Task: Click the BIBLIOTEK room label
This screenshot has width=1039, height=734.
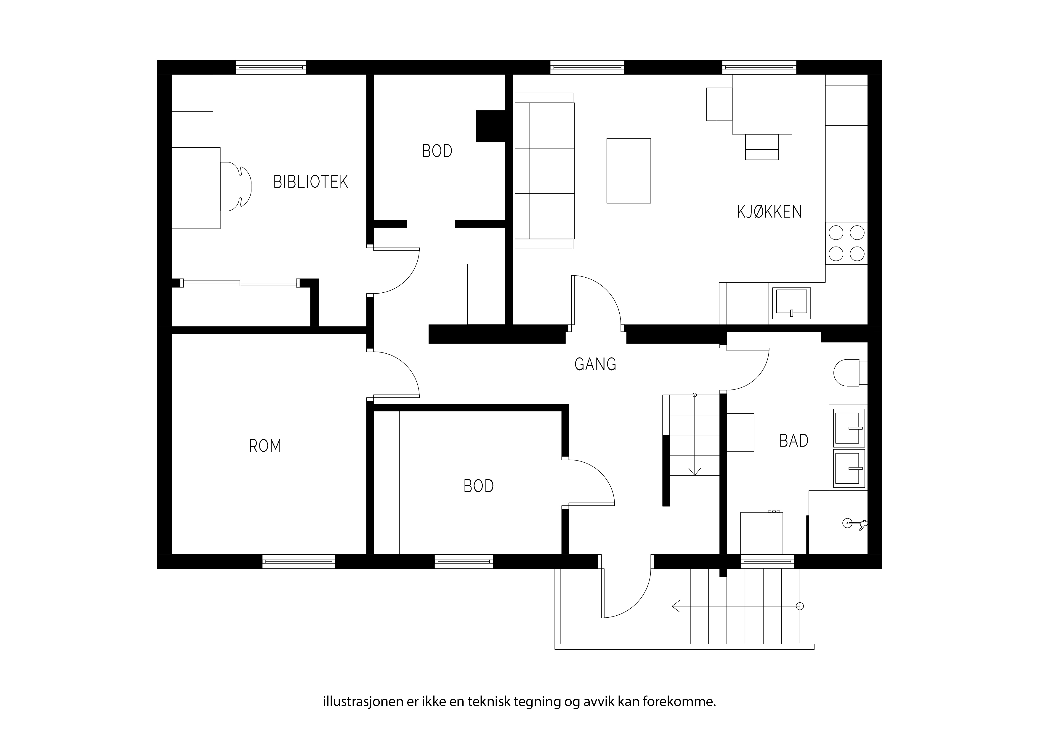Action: pos(310,182)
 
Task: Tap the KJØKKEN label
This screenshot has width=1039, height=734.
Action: pos(769,212)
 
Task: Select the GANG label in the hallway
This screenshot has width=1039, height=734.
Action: pos(595,364)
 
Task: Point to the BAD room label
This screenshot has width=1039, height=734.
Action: pos(794,440)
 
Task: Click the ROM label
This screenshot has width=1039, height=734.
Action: pos(265,446)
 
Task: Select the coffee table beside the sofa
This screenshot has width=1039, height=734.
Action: pos(628,171)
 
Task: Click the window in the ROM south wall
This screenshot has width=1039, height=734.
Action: pos(299,561)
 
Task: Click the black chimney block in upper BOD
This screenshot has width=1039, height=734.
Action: pos(490,126)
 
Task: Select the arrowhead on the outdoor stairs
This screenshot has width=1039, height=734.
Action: pos(676,606)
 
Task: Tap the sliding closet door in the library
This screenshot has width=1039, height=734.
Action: pos(240,283)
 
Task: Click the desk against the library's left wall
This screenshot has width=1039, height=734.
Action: pos(196,188)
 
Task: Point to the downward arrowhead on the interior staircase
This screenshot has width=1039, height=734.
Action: pos(695,471)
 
